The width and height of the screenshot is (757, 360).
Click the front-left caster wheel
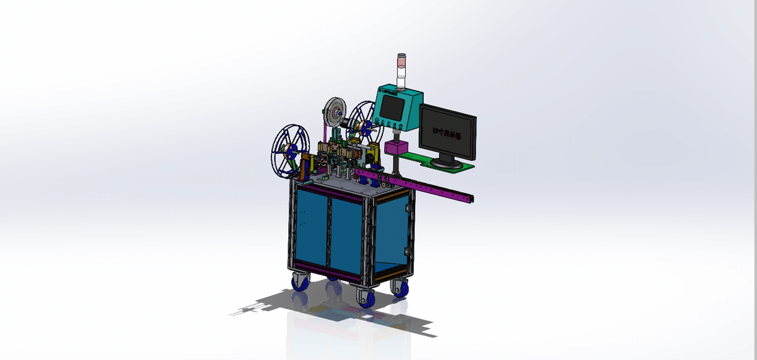[300, 281]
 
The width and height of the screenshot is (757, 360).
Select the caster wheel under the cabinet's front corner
[365, 295]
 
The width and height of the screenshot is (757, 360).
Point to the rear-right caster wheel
[399, 287]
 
